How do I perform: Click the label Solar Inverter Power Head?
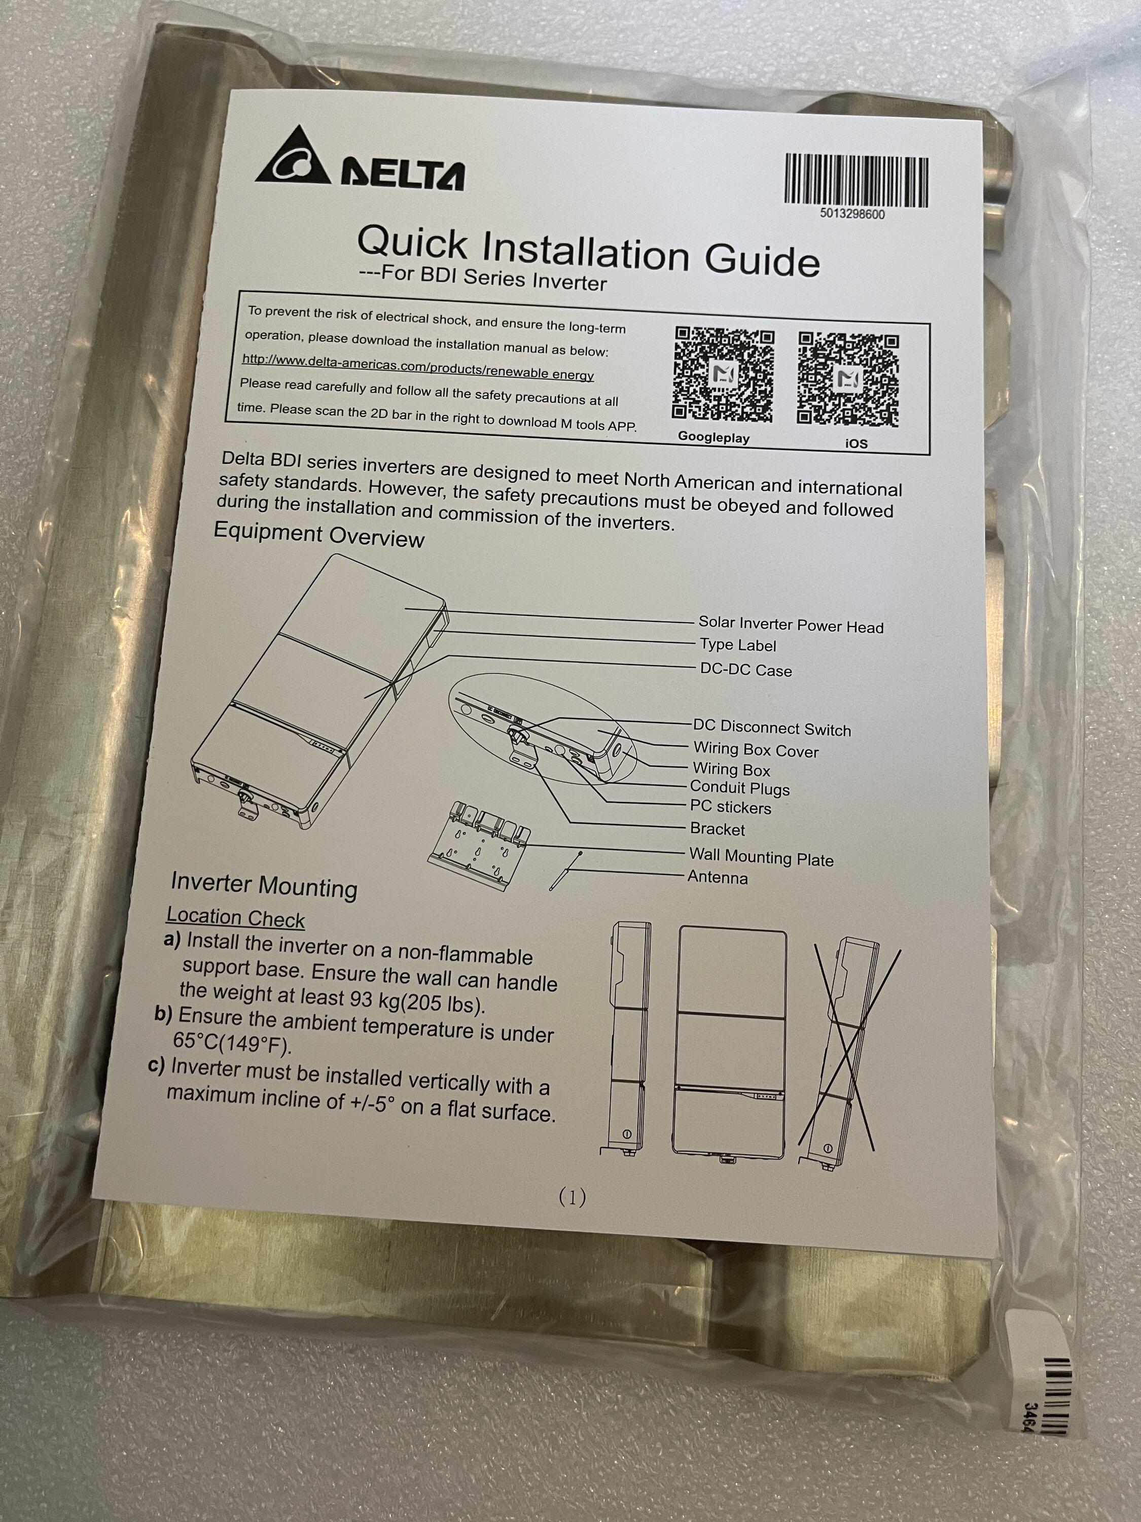(791, 625)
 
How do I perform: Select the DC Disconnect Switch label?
(772, 728)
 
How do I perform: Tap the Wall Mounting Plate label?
(761, 857)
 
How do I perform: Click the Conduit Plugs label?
(740, 788)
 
